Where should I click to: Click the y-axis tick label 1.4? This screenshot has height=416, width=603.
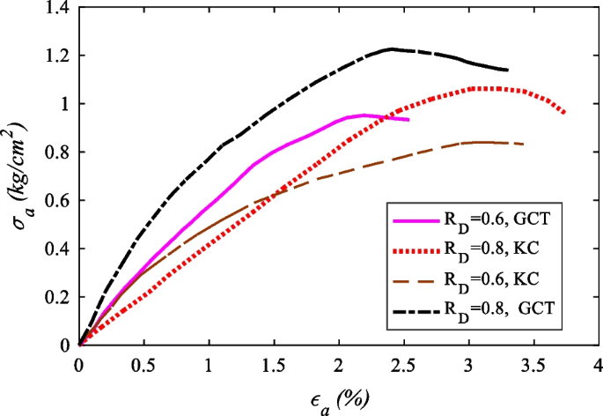pos(59,8)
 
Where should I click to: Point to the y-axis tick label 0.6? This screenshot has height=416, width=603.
pos(59,200)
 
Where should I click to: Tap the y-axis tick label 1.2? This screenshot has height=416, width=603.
pos(59,56)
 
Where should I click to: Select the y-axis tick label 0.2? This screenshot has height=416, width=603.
pos(59,297)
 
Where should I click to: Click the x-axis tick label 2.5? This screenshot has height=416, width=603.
pos(404,364)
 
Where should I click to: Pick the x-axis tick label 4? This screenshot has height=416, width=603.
pos(598,364)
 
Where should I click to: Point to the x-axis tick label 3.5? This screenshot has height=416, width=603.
pos(533,364)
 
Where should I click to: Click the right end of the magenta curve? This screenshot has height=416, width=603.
pos(408,119)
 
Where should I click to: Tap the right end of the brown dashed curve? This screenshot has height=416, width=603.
pos(525,144)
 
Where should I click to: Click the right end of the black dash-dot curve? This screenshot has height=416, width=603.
pos(507,70)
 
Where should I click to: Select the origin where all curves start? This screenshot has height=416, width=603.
pos(79,345)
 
